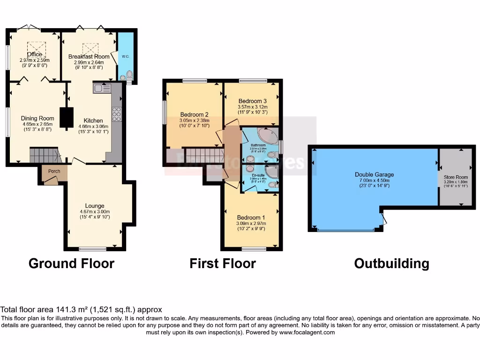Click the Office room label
[x=34, y=54]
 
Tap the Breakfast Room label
[x=89, y=56]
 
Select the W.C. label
[x=125, y=56]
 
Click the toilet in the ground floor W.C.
[x=129, y=75]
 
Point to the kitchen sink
[x=102, y=88]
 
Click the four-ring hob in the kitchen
[x=116, y=114]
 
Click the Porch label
[x=54, y=171]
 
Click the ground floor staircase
[x=45, y=155]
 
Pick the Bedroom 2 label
[x=195, y=114]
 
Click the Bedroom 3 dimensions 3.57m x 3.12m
[x=252, y=106]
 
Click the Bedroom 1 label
[x=251, y=217]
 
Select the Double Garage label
[x=374, y=174]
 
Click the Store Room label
[x=455, y=177]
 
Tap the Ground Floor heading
[x=71, y=263]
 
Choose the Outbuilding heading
[x=391, y=263]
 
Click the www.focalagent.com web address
[x=307, y=332]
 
